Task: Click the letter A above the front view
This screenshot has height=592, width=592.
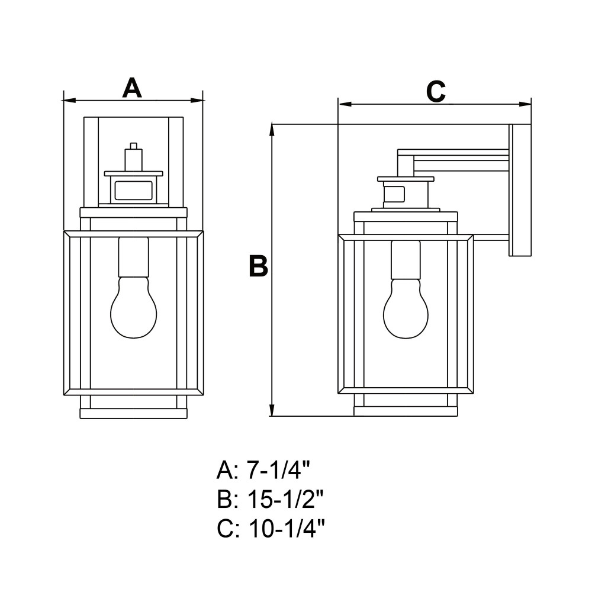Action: (x=132, y=88)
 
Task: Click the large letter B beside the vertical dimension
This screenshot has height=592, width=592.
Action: (x=259, y=266)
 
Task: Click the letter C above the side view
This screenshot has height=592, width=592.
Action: (x=436, y=91)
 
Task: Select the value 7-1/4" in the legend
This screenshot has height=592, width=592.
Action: (x=279, y=471)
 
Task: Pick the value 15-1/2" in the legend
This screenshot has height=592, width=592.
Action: (x=286, y=500)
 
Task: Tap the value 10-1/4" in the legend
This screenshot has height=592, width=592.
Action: (x=287, y=529)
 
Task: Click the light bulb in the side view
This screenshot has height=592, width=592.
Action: (x=406, y=309)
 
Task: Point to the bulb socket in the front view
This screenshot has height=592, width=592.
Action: (x=134, y=257)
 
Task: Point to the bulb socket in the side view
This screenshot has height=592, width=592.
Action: (x=406, y=259)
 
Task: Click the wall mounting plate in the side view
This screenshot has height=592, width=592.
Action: (x=520, y=190)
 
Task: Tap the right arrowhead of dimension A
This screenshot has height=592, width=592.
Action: (x=197, y=101)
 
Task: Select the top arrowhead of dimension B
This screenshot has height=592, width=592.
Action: (x=272, y=130)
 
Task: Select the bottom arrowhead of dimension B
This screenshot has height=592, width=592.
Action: (x=272, y=410)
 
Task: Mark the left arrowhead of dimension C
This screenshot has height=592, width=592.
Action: (x=345, y=104)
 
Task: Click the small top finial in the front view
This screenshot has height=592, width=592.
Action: (x=133, y=146)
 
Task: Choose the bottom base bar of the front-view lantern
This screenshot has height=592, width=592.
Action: (x=134, y=413)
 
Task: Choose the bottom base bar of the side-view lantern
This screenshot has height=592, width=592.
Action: (x=406, y=411)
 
